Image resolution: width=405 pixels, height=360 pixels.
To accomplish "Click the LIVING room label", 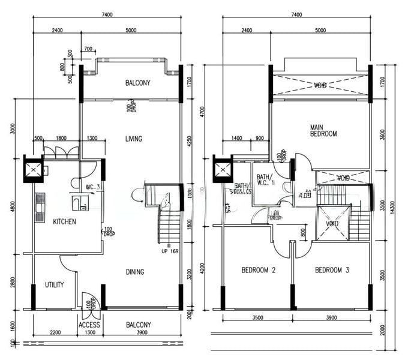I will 133,139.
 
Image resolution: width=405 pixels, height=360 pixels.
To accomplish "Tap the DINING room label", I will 135,272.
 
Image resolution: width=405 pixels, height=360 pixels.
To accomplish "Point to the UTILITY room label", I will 55,285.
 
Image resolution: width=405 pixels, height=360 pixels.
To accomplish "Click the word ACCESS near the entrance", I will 89,325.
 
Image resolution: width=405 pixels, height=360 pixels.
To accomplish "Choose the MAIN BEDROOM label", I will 323,130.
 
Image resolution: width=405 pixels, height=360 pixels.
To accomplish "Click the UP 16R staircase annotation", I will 169,250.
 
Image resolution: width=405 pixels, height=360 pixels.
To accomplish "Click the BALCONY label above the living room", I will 137,83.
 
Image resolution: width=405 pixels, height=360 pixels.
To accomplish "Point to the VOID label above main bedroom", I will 320,85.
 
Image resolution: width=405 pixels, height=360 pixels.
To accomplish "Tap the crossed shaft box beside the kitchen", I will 34,169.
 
